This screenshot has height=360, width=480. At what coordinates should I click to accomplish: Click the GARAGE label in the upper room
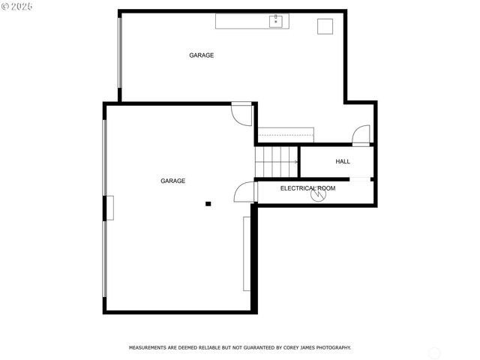pos(201,55)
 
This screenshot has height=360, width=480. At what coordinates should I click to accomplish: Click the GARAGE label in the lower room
pos(172,181)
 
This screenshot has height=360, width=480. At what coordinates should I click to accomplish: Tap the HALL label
pos(343,161)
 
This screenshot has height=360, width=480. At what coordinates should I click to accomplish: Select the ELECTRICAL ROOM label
pos(307,188)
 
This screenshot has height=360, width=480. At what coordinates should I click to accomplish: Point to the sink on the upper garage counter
pos(276,20)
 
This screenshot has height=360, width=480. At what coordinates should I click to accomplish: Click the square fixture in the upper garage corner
pos(325,26)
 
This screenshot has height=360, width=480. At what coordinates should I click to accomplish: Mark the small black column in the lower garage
pos(208,203)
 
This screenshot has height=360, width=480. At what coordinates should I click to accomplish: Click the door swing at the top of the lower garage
pos(241,114)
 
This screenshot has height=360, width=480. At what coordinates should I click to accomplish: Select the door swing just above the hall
pos(361,136)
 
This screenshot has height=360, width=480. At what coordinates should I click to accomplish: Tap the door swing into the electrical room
pos(246,193)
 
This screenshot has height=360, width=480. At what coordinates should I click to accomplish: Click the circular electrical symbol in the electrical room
pos(320,195)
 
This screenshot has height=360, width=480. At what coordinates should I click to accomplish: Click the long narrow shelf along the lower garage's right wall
pos(246,253)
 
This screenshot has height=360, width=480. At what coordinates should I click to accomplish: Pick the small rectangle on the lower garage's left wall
pos(109,208)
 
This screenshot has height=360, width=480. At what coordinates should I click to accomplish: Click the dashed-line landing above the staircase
pos(285,134)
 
